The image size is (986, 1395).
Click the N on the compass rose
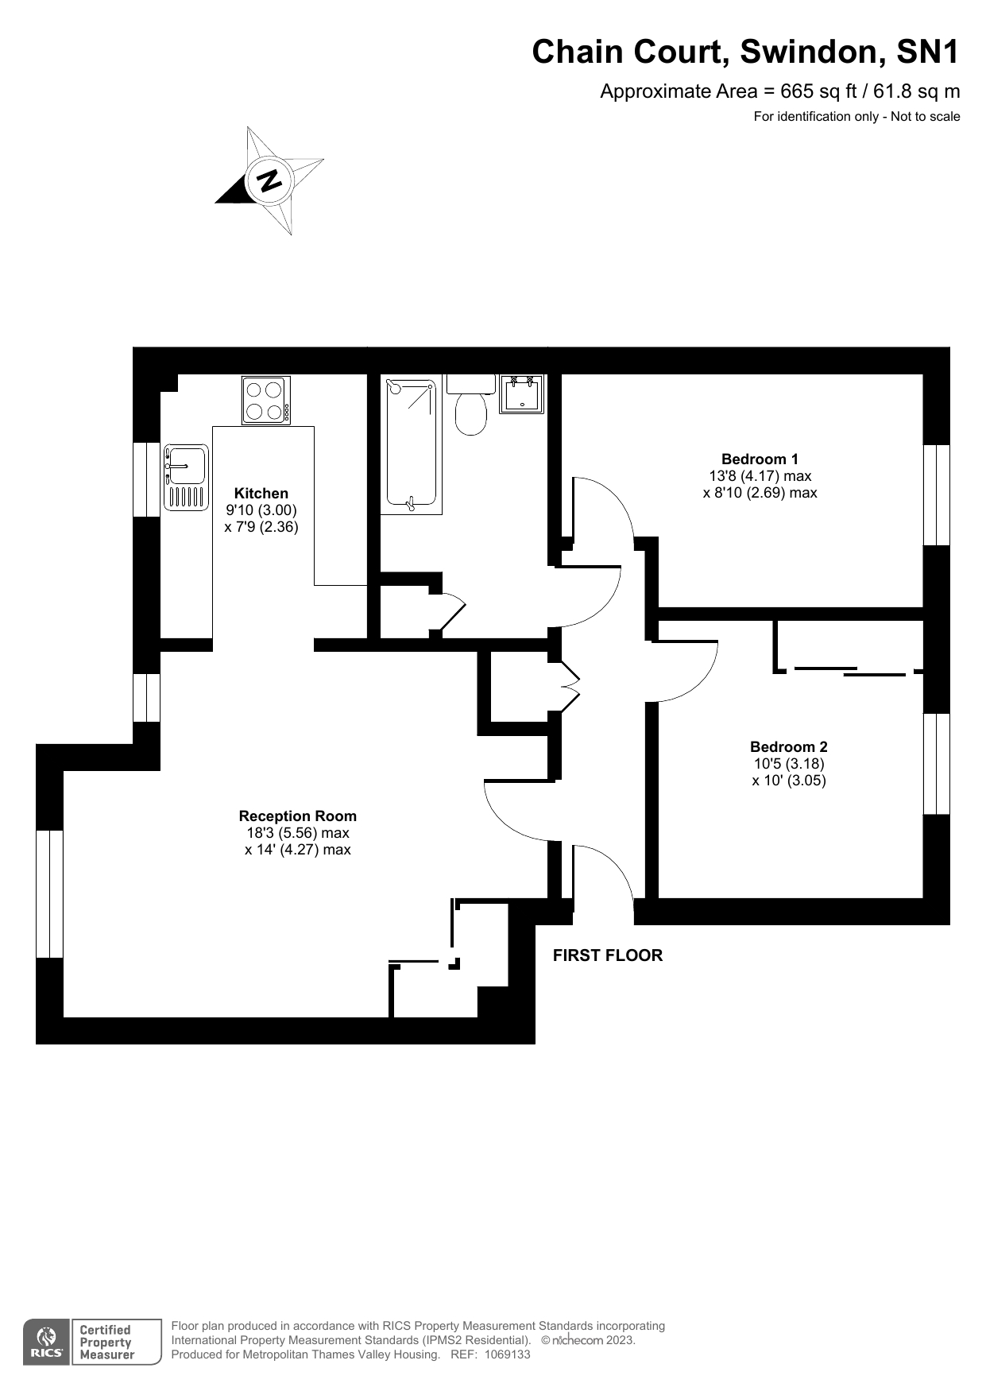tap(269, 180)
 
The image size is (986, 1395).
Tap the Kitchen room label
tap(261, 494)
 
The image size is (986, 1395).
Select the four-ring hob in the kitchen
tap(266, 401)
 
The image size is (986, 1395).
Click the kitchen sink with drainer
tap(186, 477)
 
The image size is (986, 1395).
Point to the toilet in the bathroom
tap(471, 405)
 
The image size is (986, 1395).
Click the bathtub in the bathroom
tap(411, 445)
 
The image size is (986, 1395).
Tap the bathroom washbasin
tap(521, 394)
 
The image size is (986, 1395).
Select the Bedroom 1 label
tap(760, 459)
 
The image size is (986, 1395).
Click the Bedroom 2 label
tap(789, 746)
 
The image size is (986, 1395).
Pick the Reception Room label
tap(298, 816)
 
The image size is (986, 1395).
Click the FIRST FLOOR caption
tap(608, 955)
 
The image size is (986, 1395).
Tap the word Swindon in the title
tap(810, 52)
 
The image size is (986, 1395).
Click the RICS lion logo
tap(48, 1343)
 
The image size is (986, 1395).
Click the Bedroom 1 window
tap(937, 494)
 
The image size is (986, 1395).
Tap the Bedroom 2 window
tap(937, 764)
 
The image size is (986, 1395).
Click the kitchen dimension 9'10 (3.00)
tap(261, 510)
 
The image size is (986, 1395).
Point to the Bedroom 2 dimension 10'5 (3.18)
tap(789, 763)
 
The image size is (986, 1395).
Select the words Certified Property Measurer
tap(107, 1343)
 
